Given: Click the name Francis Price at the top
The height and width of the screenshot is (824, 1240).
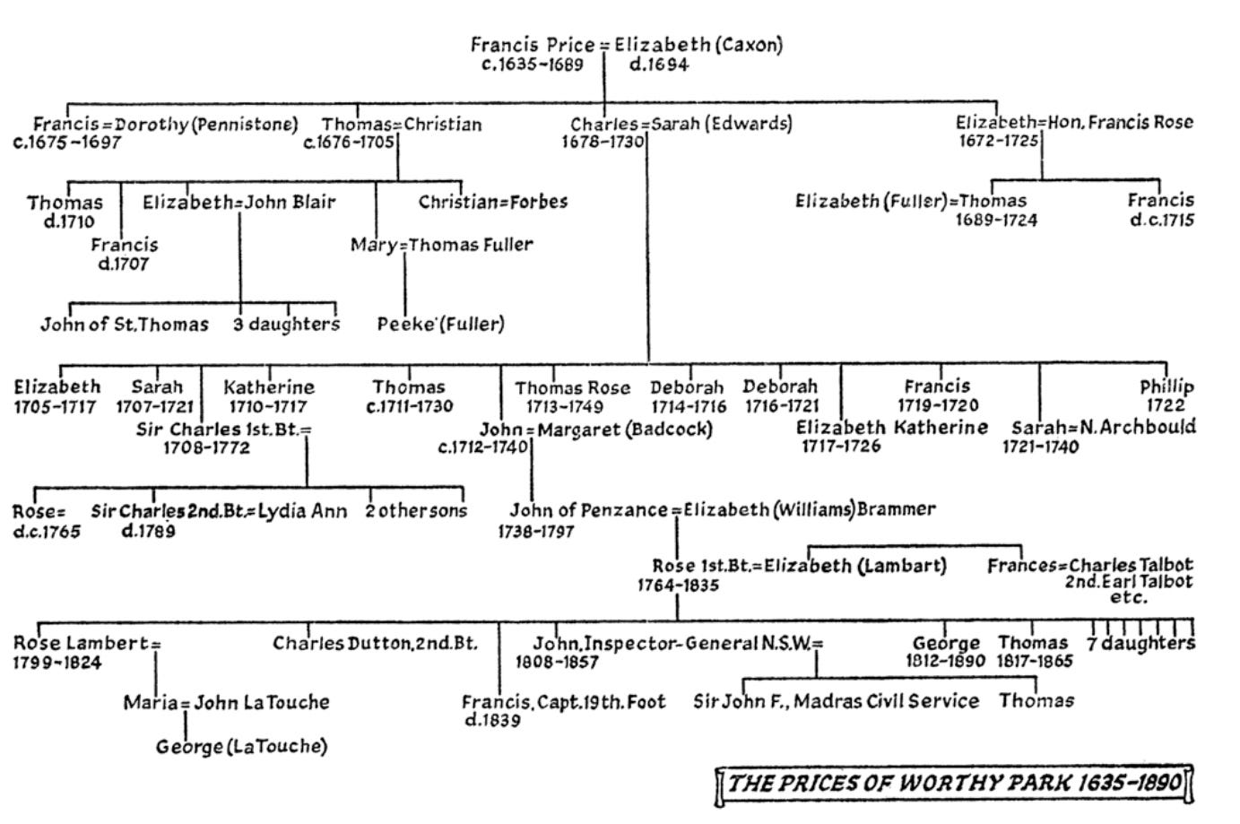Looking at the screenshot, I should pos(532,45).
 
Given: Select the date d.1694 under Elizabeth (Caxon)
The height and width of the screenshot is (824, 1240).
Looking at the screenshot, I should pos(658,65).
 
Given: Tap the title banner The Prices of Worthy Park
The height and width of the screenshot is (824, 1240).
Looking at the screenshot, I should pos(955,784).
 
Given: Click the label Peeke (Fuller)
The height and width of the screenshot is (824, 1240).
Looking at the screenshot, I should pos(440,324).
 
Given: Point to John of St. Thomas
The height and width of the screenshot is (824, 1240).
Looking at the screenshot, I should pos(124,325).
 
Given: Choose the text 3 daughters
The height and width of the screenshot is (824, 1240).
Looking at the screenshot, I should pos(287,325).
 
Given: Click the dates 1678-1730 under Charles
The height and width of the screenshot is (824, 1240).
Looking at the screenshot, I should pos(603,142).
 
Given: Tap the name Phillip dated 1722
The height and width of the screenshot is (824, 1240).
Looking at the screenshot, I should pos(1166,386).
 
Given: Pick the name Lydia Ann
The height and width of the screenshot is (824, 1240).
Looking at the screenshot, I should pos(303,511).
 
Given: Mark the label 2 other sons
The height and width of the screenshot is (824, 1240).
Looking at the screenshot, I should pos(416,511).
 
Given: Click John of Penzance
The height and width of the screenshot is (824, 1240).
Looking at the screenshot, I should pos(588,510).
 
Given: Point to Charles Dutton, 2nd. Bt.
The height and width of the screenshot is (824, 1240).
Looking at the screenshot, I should pos(375,643).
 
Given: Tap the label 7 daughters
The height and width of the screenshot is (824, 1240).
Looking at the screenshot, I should pos(1140,644).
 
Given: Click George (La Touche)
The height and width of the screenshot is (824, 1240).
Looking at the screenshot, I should pos(241,746).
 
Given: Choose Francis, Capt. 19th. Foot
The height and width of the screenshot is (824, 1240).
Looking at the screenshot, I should pos(564,702).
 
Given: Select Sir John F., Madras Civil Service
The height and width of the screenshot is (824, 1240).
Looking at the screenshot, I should pos(836,701).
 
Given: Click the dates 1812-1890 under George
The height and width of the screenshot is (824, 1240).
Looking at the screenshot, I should pos(945,662).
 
